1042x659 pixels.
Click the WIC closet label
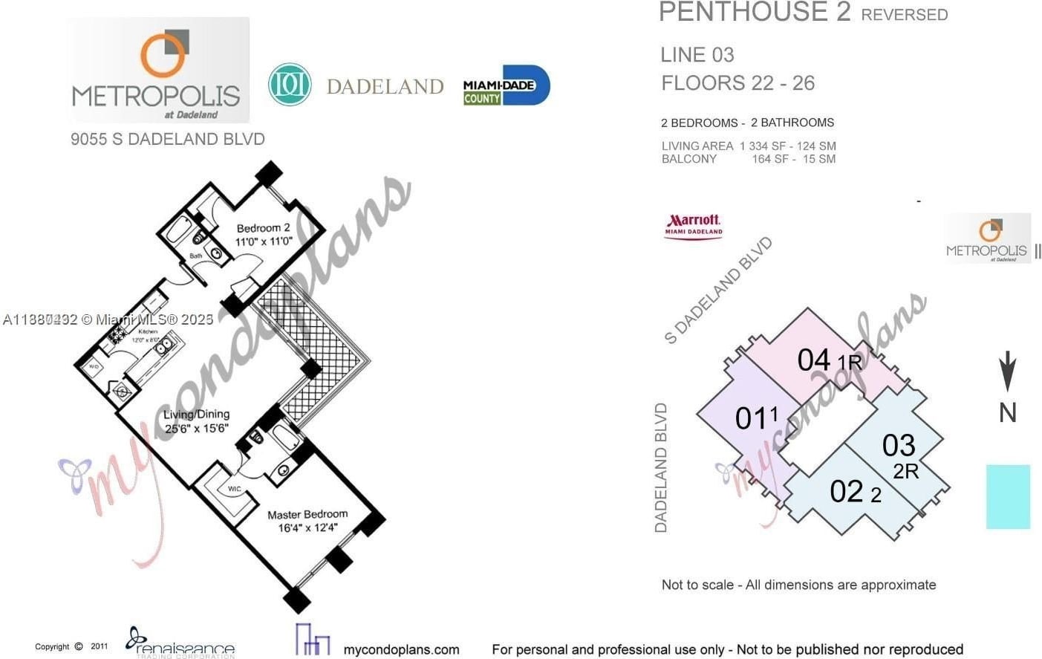[234, 489]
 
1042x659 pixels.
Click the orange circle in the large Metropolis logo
[163, 56]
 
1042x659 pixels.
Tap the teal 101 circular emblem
[289, 85]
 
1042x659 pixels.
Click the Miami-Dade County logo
[506, 86]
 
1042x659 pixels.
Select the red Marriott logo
[693, 225]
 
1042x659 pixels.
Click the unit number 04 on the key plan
[813, 360]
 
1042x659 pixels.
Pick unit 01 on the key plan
[749, 418]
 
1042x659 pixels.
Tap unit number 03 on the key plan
[898, 446]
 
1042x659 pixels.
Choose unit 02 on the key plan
[847, 492]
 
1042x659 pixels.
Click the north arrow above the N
[1007, 370]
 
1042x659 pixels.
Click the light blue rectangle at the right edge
[1008, 496]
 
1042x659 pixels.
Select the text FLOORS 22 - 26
[737, 82]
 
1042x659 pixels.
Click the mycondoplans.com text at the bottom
[401, 649]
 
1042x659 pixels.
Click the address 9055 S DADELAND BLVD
[167, 139]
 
